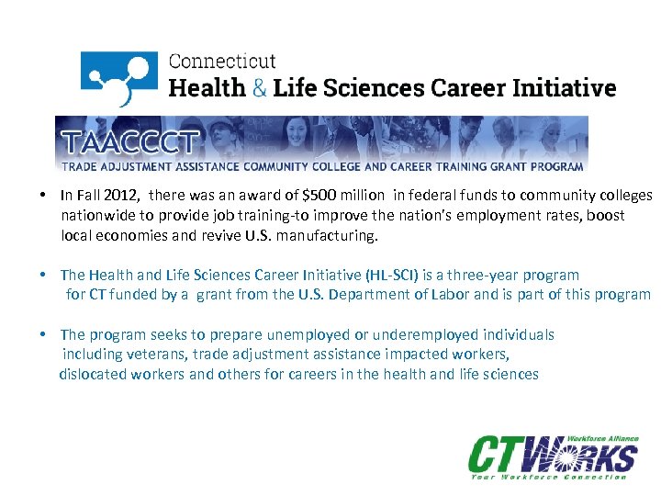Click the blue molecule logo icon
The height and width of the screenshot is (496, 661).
pos(118,77)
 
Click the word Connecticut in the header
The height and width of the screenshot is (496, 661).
pos(222,62)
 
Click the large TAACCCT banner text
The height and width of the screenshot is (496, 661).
pos(129,142)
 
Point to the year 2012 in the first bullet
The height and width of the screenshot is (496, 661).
pos(123,196)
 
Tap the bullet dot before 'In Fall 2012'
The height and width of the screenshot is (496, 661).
pos(44,196)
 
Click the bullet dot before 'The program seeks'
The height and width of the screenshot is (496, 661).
pos(44,334)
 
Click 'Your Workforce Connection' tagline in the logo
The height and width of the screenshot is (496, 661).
pos(549,476)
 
